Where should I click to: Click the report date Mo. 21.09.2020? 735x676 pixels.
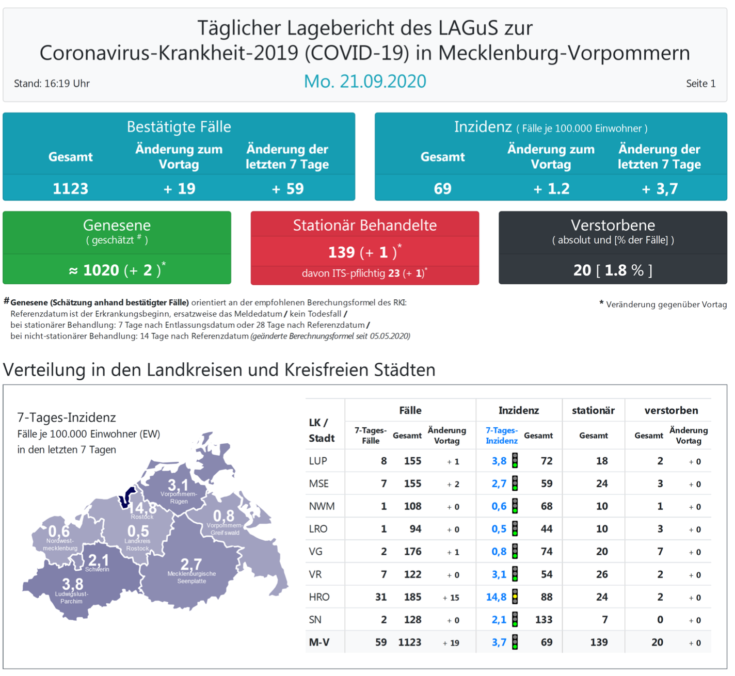(365, 82)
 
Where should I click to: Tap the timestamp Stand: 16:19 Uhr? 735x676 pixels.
(52, 84)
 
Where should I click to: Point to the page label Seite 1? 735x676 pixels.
(700, 84)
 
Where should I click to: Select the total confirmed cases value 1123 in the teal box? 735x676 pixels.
(71, 189)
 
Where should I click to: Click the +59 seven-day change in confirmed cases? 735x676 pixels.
(287, 189)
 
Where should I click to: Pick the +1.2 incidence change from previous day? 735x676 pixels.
(551, 189)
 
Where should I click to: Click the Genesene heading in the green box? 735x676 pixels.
(117, 226)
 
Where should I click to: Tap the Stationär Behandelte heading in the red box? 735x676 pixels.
(364, 226)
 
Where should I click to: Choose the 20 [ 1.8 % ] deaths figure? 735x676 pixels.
(613, 270)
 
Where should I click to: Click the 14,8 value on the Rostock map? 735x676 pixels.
(142, 508)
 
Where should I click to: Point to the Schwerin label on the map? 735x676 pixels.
(97, 570)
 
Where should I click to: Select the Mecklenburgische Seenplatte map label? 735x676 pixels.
(191, 577)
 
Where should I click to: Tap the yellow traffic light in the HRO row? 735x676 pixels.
(515, 597)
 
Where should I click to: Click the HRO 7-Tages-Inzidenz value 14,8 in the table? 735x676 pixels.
(496, 597)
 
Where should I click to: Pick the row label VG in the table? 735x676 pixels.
(315, 552)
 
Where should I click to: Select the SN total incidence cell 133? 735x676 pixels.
(544, 620)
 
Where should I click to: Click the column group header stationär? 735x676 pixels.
(593, 411)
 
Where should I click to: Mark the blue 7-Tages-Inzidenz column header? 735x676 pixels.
(501, 436)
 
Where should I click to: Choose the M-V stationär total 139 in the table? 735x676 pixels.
(599, 642)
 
